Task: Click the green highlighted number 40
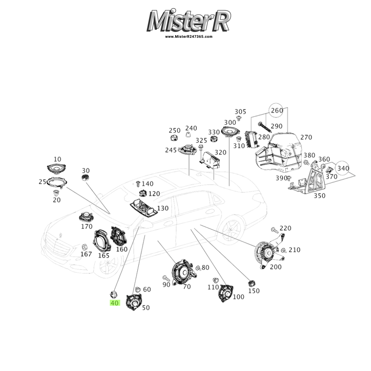pyautogui.click(x=115, y=303)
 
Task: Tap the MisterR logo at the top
pyautogui.click(x=189, y=22)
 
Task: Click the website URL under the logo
pyautogui.click(x=189, y=37)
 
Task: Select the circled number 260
pyautogui.click(x=277, y=111)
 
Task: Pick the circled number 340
pyautogui.click(x=343, y=168)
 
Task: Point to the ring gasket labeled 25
pyautogui.click(x=58, y=183)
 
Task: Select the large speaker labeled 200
pyautogui.click(x=266, y=255)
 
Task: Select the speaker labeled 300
pyautogui.click(x=231, y=131)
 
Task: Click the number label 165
pyautogui.click(x=104, y=255)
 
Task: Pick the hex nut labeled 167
pyautogui.click(x=84, y=246)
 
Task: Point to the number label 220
pyautogui.click(x=285, y=228)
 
